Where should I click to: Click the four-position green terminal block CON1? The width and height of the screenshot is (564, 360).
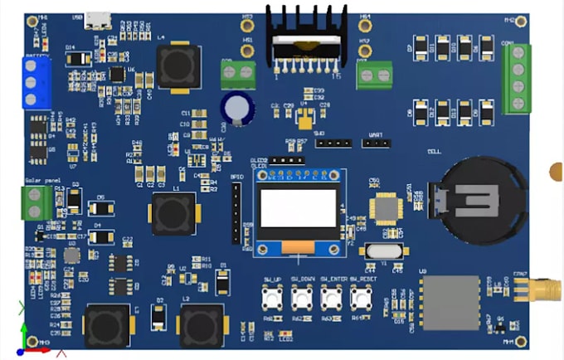click(517, 78)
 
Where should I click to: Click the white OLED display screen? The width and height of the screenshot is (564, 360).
click(300, 210)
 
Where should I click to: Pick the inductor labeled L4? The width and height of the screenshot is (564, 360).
click(177, 65)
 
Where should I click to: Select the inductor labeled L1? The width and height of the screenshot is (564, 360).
click(173, 214)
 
